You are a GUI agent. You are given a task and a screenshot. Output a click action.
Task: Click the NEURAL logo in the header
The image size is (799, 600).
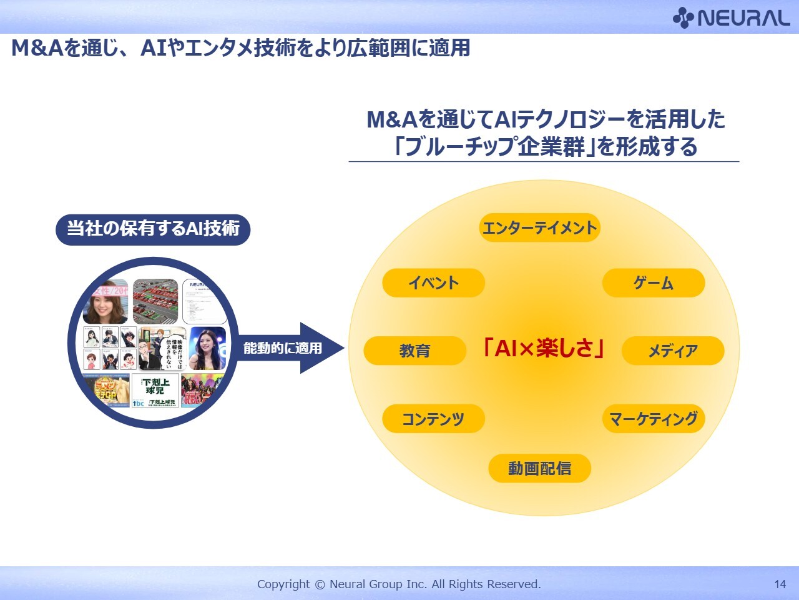point(731,18)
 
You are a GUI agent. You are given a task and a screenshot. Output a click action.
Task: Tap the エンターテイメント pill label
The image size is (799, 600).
point(539,227)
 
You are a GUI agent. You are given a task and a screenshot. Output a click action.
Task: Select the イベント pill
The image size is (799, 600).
point(433,283)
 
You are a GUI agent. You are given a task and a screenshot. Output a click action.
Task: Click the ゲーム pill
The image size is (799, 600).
point(653,283)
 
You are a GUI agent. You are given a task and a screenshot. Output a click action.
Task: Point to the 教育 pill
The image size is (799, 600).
point(414,351)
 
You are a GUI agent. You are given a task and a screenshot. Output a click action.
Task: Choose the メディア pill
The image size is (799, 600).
point(672,351)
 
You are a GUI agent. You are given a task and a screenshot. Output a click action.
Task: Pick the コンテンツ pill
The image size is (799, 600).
point(433,419)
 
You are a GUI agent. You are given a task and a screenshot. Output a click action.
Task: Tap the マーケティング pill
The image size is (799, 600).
point(653,419)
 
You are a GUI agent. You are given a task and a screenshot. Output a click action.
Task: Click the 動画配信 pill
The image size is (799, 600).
point(539,468)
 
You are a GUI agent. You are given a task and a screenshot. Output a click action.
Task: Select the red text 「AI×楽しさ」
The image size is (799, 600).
point(543,348)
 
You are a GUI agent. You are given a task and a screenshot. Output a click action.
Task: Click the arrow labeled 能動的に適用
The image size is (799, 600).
point(290,348)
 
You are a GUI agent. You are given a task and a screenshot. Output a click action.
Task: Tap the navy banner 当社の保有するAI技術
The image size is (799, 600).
point(153,229)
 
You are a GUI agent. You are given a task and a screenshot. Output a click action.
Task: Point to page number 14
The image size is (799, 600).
point(780,584)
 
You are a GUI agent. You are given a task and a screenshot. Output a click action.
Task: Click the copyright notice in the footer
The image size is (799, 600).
point(399,584)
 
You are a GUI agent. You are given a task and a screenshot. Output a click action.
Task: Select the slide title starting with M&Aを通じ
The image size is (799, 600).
point(240,48)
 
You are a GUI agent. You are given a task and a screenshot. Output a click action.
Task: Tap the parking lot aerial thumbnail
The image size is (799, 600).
point(155,301)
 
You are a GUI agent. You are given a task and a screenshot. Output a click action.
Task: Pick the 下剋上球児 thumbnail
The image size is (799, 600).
point(155,391)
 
